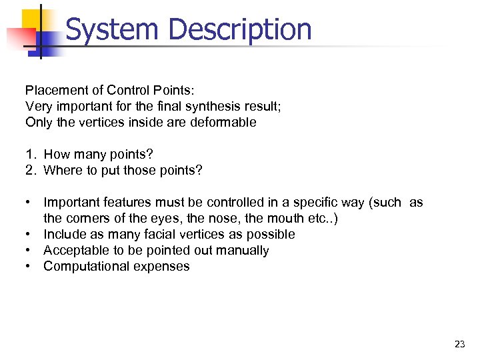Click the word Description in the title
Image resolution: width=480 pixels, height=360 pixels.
pyautogui.click(x=240, y=29)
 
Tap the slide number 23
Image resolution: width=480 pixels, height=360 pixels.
pyautogui.click(x=459, y=344)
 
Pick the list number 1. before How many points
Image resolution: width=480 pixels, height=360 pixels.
pyautogui.click(x=31, y=155)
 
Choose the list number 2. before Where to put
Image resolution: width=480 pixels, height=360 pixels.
pyautogui.click(x=31, y=171)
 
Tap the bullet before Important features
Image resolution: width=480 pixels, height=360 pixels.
pyautogui.click(x=29, y=203)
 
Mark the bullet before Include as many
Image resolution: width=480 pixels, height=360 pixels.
pyautogui.click(x=29, y=235)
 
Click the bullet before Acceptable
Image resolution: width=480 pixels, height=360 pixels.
pyautogui.click(x=29, y=251)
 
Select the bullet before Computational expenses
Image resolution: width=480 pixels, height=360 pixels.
pyautogui.click(x=29, y=267)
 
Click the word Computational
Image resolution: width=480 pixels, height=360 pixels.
pyautogui.click(x=85, y=267)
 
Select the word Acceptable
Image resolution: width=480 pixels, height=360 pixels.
pyautogui.click(x=75, y=251)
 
